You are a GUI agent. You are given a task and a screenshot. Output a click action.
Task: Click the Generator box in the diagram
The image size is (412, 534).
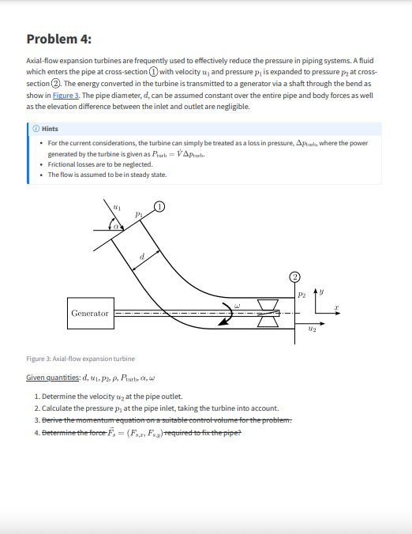[90, 314]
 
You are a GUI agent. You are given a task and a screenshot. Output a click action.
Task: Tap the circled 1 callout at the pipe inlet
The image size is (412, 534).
[159, 206]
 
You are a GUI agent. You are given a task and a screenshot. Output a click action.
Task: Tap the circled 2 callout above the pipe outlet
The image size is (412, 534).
[294, 276]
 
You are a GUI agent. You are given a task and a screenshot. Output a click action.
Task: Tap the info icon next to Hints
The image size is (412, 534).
[38, 129]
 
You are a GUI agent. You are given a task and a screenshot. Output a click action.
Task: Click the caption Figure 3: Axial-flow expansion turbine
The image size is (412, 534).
[81, 358]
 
